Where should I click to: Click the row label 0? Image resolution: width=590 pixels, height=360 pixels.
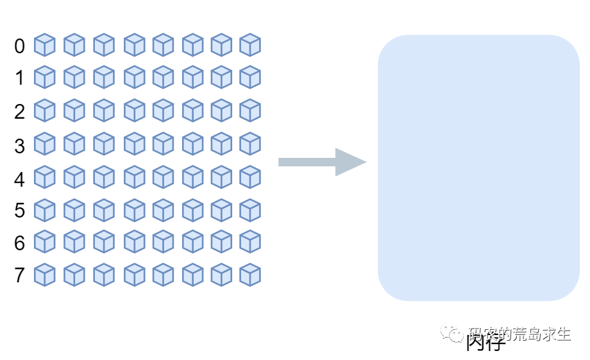click(20, 46)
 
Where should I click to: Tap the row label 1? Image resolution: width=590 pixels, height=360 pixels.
click(20, 78)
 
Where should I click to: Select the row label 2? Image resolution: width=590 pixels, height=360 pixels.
click(20, 112)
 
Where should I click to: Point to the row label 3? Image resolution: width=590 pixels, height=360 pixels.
click(20, 146)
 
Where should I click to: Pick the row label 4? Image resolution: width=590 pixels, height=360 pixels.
click(20, 179)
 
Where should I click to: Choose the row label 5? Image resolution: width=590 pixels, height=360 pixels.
click(20, 210)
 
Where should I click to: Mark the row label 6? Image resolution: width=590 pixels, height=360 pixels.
click(20, 243)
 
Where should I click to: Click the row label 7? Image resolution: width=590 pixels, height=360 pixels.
click(20, 275)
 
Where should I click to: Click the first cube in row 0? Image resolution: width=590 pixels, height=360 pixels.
click(44, 45)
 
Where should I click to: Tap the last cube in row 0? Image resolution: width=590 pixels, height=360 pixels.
click(250, 45)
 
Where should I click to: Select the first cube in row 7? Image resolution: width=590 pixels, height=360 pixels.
click(44, 275)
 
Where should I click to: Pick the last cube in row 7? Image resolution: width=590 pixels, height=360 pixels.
click(250, 275)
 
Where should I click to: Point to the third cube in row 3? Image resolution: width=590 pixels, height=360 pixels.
click(104, 144)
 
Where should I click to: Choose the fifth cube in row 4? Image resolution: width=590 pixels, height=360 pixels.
click(163, 177)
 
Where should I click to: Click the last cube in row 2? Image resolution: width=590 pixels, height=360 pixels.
click(250, 110)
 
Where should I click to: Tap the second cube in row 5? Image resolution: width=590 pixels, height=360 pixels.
click(74, 210)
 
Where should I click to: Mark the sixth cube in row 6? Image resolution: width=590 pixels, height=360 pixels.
click(192, 242)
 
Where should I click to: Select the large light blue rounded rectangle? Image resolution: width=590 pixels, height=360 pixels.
click(478, 168)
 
